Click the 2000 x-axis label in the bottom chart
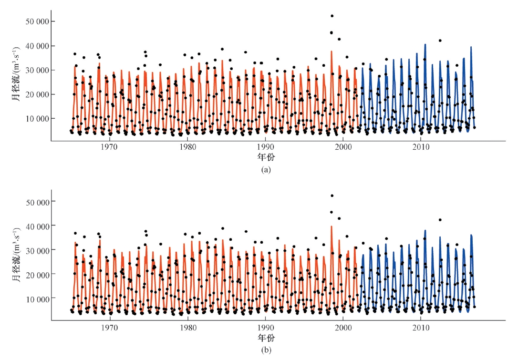(343, 328)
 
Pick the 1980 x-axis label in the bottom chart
(187, 328)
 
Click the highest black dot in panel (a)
(332, 16)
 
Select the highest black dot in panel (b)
(332, 195)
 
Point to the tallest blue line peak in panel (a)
(425, 44)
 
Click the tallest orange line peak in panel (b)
(332, 226)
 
